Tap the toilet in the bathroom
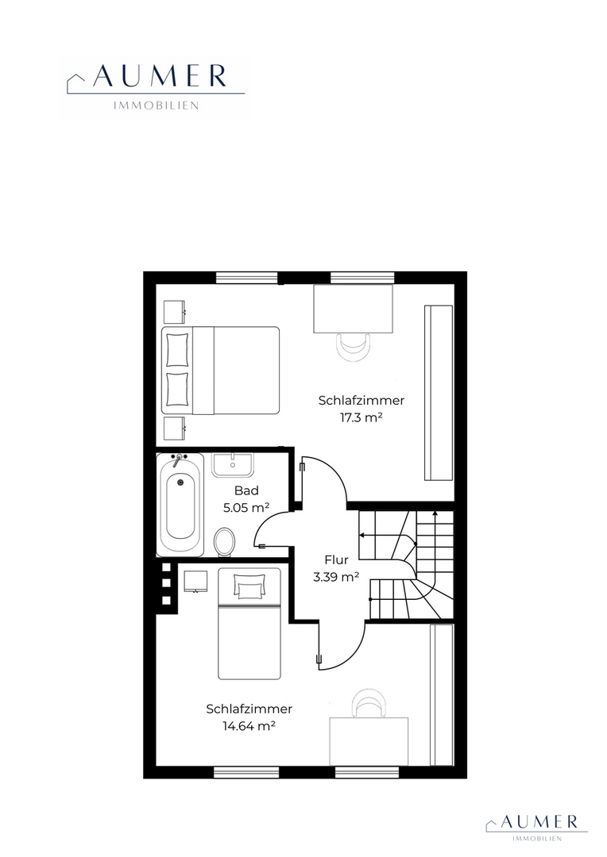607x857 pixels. [x=224, y=542]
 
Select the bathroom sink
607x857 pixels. [x=233, y=464]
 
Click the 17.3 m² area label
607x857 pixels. [x=361, y=418]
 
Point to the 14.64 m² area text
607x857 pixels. [x=249, y=726]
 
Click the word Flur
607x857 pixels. [x=337, y=559]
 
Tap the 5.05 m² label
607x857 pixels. [x=246, y=508]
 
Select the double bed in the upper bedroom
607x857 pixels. [x=221, y=371]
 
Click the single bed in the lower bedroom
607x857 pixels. [x=249, y=624]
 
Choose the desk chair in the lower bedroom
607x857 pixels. [x=369, y=703]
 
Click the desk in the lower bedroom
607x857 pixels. [x=369, y=741]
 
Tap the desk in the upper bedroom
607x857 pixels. [x=353, y=308]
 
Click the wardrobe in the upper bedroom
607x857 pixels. [x=439, y=393]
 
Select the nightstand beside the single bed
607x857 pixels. [x=195, y=581]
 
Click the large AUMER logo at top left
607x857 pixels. [x=156, y=87]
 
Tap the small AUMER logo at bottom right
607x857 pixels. [x=536, y=828]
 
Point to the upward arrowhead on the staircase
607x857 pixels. [x=435, y=513]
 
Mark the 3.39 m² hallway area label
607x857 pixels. [x=336, y=577]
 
